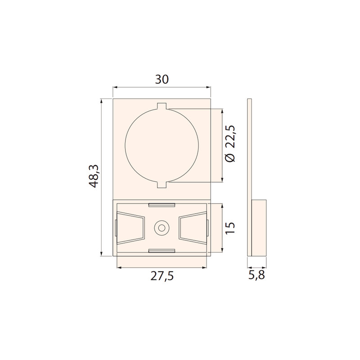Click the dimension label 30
click(162, 80)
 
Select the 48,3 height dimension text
click(94, 176)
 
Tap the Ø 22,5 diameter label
click(230, 144)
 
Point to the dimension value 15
click(230, 228)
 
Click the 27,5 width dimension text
click(162, 276)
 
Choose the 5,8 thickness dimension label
click(256, 274)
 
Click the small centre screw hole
click(162, 228)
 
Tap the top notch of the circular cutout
click(162, 106)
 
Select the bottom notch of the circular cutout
click(162, 185)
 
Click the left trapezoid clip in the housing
click(131, 228)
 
